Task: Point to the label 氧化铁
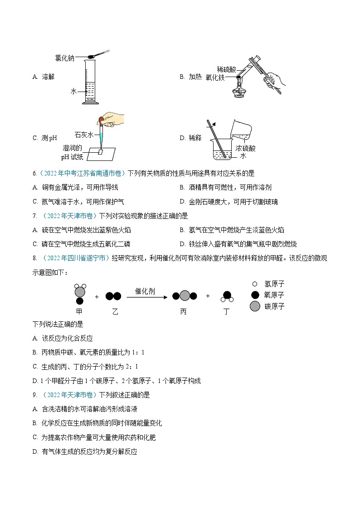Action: click(215, 78)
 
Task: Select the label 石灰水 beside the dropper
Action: click(84, 135)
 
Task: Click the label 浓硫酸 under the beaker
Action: click(245, 148)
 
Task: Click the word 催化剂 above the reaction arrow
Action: click(145, 291)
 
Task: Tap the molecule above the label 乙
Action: click(113, 296)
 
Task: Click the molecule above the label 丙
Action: click(185, 296)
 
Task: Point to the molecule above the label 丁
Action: click(227, 296)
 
